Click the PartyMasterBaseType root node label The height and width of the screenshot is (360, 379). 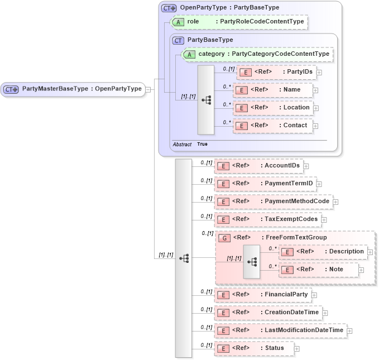81,89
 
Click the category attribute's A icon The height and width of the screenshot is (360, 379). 189,54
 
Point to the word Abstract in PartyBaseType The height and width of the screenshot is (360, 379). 182,144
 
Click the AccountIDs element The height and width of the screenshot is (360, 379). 258,166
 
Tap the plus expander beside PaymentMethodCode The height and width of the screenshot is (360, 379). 336,202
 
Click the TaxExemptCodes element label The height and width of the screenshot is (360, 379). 291,219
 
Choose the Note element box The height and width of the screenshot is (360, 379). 318,270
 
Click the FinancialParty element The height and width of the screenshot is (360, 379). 262,294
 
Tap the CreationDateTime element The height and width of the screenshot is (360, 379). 268,313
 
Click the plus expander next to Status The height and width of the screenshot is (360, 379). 297,349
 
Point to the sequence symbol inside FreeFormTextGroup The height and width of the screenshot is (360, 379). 252,261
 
